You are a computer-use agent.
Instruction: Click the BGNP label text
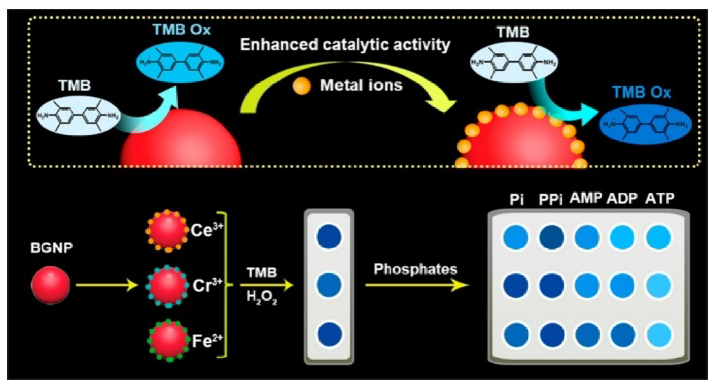51,248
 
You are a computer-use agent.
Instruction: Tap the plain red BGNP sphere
50,285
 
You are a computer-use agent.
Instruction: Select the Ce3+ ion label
207,230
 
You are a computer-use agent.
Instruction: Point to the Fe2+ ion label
207,341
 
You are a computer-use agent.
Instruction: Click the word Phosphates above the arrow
415,269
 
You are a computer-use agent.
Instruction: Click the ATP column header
660,199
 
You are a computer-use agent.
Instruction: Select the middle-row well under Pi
516,286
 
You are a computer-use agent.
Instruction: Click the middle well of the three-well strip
329,285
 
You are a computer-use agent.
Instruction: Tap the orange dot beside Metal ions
301,86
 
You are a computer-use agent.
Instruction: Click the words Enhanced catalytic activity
345,45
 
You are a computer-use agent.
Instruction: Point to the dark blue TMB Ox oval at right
645,124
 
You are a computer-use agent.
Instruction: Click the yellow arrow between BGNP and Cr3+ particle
107,285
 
